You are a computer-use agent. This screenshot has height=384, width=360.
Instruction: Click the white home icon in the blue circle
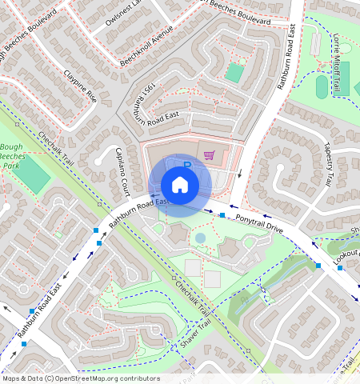[180, 186]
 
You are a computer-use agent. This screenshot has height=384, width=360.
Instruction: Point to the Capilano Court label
[122, 172]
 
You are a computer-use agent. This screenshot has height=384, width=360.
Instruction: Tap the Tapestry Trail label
[327, 165]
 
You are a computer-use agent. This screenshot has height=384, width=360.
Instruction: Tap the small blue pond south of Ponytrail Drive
[200, 238]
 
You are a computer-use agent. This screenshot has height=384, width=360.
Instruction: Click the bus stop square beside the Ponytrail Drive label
[222, 215]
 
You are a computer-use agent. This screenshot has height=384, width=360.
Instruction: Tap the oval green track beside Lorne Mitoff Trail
[322, 86]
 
